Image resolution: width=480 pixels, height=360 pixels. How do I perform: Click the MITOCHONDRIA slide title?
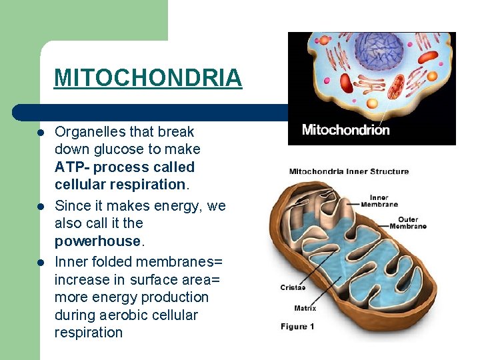pyautogui.click(x=148, y=78)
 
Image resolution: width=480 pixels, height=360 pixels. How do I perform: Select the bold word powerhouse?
pyautogui.click(x=97, y=241)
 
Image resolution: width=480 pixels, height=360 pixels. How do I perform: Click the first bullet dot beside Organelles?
pyautogui.click(x=41, y=133)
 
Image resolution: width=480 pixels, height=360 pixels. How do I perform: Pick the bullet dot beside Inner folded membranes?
pyautogui.click(x=41, y=262)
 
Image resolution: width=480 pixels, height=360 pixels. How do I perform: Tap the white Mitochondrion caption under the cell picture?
pyautogui.click(x=345, y=130)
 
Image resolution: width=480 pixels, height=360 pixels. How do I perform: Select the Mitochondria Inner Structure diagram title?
pyautogui.click(x=349, y=171)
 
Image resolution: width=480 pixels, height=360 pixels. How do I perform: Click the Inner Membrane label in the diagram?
pyautogui.click(x=379, y=201)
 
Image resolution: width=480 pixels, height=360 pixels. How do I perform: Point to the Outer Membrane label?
pyautogui.click(x=408, y=223)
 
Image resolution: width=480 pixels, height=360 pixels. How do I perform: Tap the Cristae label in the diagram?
pyautogui.click(x=293, y=288)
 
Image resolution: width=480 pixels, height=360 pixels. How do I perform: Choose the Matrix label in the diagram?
pyautogui.click(x=305, y=308)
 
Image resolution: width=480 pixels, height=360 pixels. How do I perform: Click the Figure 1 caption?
pyautogui.click(x=297, y=327)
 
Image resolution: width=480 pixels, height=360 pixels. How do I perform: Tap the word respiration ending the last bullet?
pyautogui.click(x=89, y=333)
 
